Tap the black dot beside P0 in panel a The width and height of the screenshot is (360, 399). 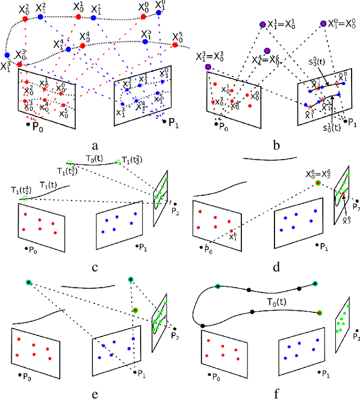click(28, 123)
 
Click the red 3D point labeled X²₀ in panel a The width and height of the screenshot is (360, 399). click(25, 19)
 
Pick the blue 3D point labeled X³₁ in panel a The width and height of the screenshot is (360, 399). click(7, 55)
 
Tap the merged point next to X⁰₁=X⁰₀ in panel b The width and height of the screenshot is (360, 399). click(323, 23)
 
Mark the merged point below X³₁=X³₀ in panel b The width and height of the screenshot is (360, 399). click(208, 67)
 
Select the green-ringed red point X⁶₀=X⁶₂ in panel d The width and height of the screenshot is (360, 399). click(318, 183)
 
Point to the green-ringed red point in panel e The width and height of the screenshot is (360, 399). click(135, 310)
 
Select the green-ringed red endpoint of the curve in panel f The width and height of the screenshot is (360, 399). click(319, 313)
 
